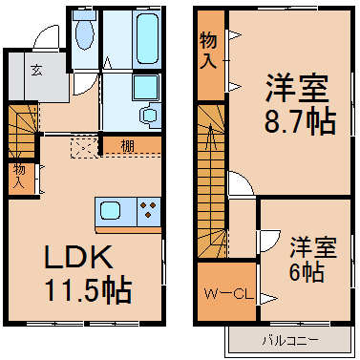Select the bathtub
click(x=147, y=38)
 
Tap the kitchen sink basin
click(x=111, y=210)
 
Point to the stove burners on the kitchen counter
click(x=149, y=210)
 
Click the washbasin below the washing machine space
click(x=150, y=115)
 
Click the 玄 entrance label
click(x=37, y=71)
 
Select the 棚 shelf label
click(x=128, y=146)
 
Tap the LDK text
click(x=79, y=257)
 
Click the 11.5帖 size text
click(x=88, y=290)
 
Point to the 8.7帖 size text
click(x=300, y=122)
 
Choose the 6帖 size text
click(x=307, y=271)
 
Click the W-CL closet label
click(x=228, y=295)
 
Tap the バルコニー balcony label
click(x=290, y=341)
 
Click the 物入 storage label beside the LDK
click(x=19, y=177)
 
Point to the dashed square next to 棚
click(x=84, y=148)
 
